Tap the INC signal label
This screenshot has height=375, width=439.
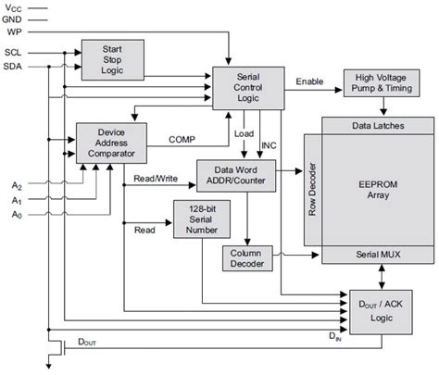click(269, 144)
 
